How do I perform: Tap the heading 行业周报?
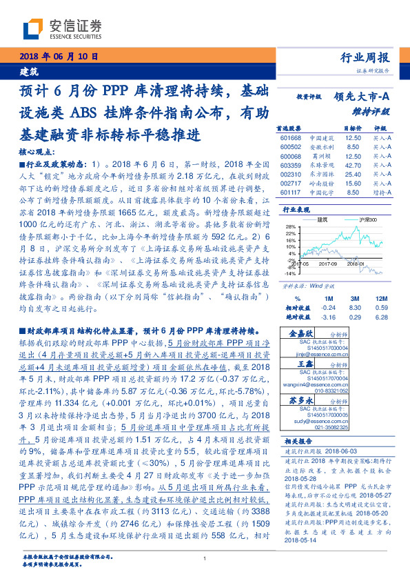click(366, 58)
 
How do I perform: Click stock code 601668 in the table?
click(291, 138)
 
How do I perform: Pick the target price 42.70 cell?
click(353, 166)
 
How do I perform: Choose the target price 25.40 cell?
click(353, 175)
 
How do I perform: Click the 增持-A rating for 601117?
click(382, 193)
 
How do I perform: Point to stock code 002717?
click(291, 184)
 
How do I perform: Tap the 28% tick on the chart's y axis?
click(289, 226)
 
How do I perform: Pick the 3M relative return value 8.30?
click(353, 288)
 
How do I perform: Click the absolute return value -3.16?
click(329, 297)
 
